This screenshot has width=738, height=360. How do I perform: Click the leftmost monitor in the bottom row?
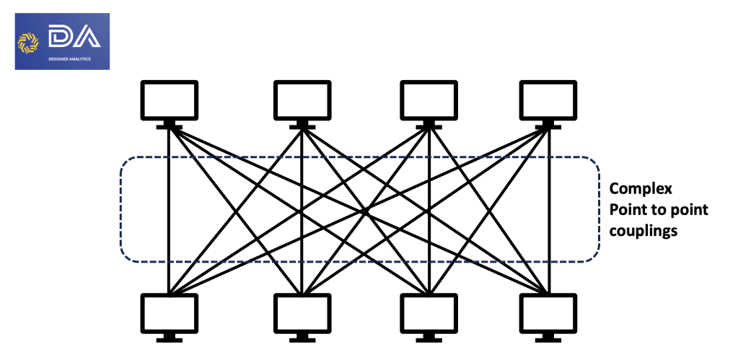click(x=169, y=312)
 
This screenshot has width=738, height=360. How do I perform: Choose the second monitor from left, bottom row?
click(x=302, y=312)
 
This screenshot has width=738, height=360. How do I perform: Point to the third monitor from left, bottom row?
click(x=429, y=312)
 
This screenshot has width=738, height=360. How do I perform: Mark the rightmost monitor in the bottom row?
click(x=548, y=312)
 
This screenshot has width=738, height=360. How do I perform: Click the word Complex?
click(x=641, y=189)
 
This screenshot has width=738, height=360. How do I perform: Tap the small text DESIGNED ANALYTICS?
click(x=70, y=59)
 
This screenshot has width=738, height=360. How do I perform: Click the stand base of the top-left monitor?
click(x=169, y=126)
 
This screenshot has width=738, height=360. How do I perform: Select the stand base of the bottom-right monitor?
click(x=548, y=338)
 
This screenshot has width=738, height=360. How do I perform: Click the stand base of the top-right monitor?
click(x=548, y=126)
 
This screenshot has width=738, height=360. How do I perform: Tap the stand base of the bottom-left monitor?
click(x=169, y=338)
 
